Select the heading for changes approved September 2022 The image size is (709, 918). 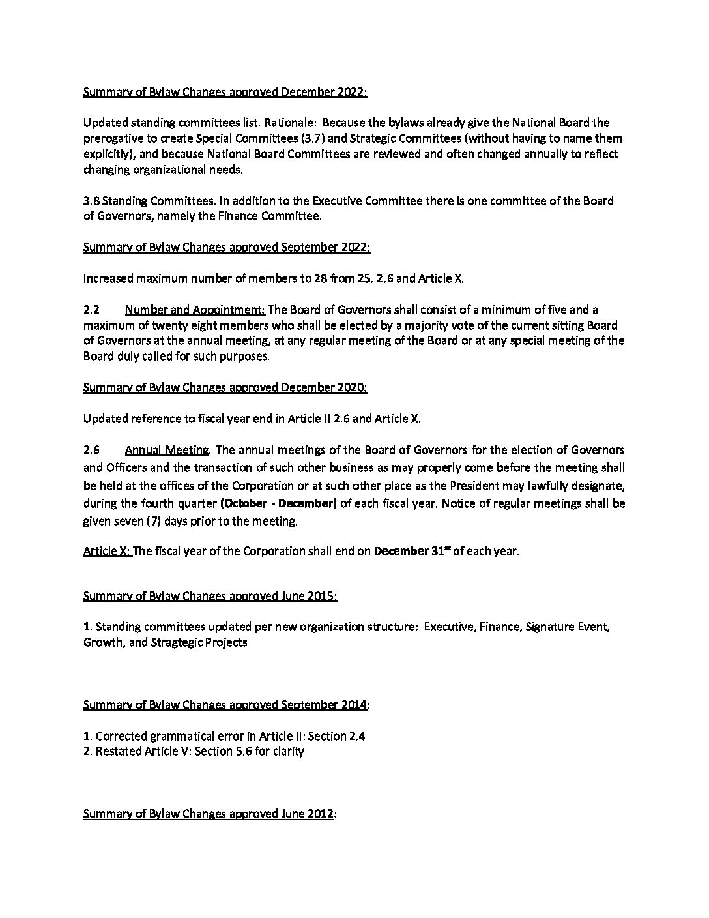(227, 247)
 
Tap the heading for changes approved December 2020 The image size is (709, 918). (225, 387)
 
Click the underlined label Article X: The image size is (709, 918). (108, 551)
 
